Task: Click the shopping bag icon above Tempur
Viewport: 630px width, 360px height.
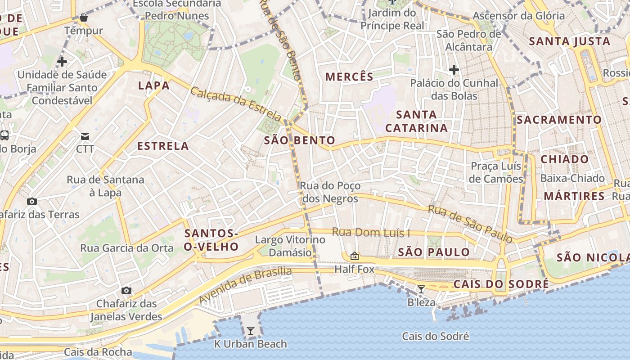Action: point(83,18)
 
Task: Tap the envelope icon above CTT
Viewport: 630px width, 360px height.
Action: point(85,136)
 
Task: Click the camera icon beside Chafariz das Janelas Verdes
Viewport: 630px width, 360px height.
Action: point(126,290)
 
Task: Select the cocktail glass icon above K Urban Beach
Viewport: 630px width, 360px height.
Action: point(250,331)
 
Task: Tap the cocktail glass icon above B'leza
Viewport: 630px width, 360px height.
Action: point(421,289)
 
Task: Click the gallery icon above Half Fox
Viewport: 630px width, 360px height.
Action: point(355,256)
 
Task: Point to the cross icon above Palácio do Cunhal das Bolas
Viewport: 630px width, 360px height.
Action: point(454,70)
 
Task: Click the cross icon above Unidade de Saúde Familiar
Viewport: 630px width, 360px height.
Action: point(62,61)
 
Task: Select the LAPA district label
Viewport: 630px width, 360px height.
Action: point(154,85)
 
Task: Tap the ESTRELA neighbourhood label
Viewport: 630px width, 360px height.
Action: point(163,146)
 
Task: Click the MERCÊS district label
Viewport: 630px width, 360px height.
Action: point(350,76)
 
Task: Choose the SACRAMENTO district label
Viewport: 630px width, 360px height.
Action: point(559,120)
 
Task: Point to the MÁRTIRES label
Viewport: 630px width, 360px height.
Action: point(574,196)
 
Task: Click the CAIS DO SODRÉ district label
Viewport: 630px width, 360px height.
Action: point(501,284)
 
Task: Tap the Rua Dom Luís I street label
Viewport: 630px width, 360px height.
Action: point(371,233)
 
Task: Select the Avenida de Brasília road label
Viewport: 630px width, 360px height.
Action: point(245,285)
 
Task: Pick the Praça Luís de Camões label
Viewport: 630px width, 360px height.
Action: point(496,172)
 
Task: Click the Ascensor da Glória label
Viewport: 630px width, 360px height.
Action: point(518,16)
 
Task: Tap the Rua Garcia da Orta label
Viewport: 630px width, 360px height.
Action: point(126,248)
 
